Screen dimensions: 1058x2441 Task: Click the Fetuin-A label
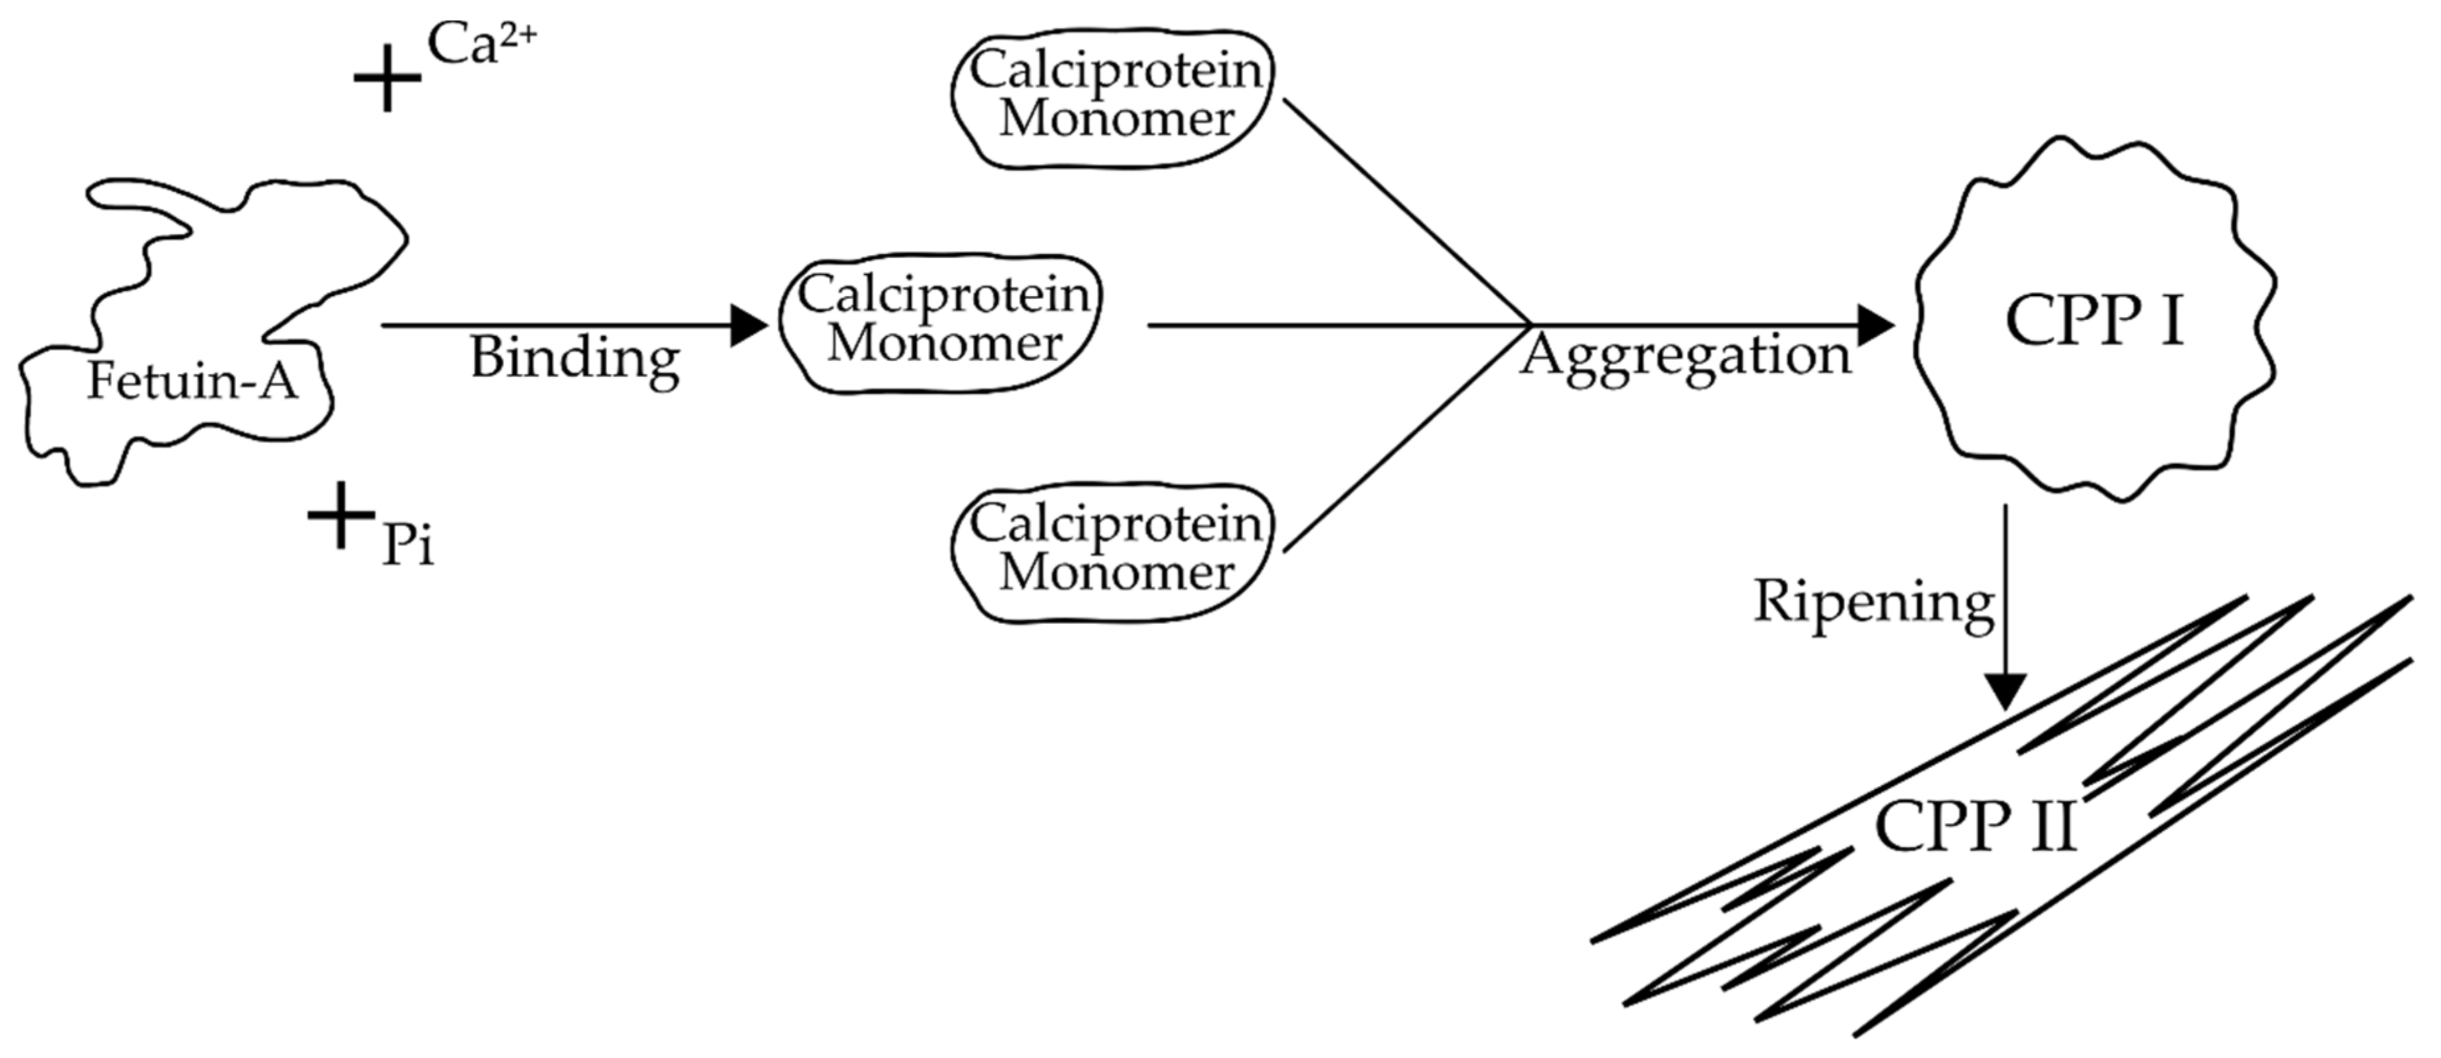(x=192, y=381)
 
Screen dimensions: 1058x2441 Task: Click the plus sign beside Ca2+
(x=387, y=79)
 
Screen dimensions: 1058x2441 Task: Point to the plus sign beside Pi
(x=341, y=514)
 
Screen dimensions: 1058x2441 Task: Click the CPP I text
(x=2094, y=320)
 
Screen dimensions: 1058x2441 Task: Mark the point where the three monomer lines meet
(x=1530, y=325)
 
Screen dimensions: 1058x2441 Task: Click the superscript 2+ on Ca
(x=517, y=34)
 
